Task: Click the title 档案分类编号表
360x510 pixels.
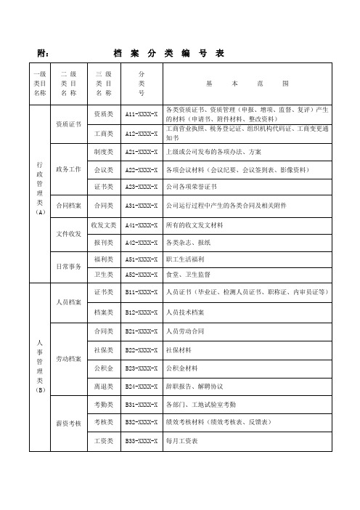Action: pyautogui.click(x=168, y=53)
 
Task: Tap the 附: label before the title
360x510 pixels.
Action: pyautogui.click(x=42, y=53)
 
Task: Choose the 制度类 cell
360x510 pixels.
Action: pyautogui.click(x=103, y=151)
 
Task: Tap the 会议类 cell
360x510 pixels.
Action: pyautogui.click(x=103, y=169)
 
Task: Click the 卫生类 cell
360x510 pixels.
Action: pyautogui.click(x=103, y=275)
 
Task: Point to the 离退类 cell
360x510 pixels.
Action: pyautogui.click(x=103, y=385)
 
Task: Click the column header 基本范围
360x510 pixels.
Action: pyautogui.click(x=247, y=84)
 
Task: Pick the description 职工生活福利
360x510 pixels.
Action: pyautogui.click(x=187, y=259)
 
